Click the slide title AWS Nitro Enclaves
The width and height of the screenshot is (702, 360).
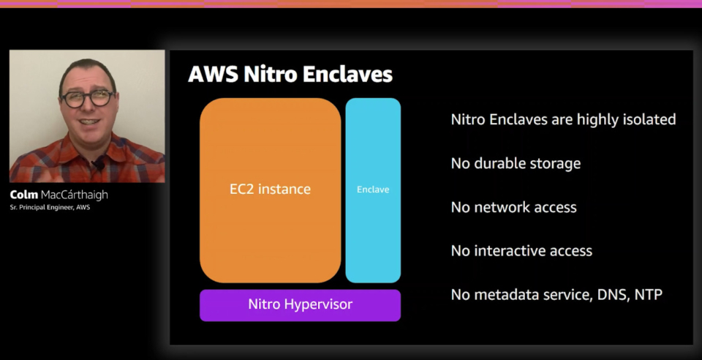290,75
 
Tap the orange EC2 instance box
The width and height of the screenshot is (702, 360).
270,190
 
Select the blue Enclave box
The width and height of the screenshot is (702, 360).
373,190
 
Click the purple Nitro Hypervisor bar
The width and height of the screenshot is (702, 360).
300,305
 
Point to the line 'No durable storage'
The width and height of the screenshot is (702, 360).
516,163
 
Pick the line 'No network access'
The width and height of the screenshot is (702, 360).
513,207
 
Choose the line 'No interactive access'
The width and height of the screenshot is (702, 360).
521,251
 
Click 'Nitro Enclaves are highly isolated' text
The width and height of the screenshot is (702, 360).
563,119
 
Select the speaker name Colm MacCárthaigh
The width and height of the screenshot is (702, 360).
58,195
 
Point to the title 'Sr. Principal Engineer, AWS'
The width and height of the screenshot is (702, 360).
50,207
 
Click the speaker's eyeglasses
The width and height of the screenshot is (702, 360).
88,98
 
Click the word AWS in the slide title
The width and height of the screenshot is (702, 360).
213,75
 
